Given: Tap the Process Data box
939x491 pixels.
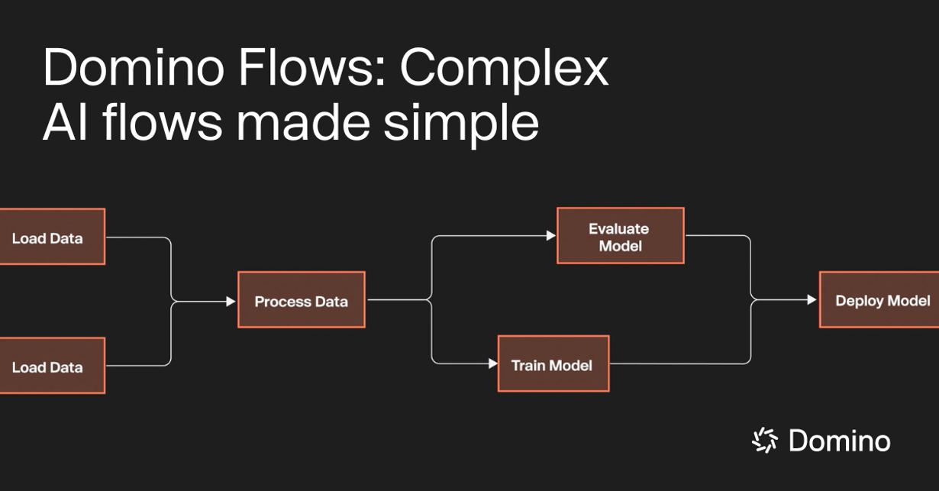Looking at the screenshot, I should (301, 300).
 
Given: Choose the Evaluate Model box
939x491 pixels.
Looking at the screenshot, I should (620, 236).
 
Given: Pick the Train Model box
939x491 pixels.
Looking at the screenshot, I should (553, 363).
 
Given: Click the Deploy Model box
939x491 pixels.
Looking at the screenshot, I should (879, 299).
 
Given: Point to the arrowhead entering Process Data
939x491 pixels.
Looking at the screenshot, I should (231, 302).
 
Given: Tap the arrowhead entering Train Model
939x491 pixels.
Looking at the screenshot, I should (492, 363).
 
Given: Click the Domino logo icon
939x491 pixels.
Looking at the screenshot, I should (764, 440).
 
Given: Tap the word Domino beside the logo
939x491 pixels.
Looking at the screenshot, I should (839, 441).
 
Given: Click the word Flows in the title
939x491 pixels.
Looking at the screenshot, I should (307, 69).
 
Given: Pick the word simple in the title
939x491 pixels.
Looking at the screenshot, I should (463, 124).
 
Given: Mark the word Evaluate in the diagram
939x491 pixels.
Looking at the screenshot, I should (618, 228).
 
